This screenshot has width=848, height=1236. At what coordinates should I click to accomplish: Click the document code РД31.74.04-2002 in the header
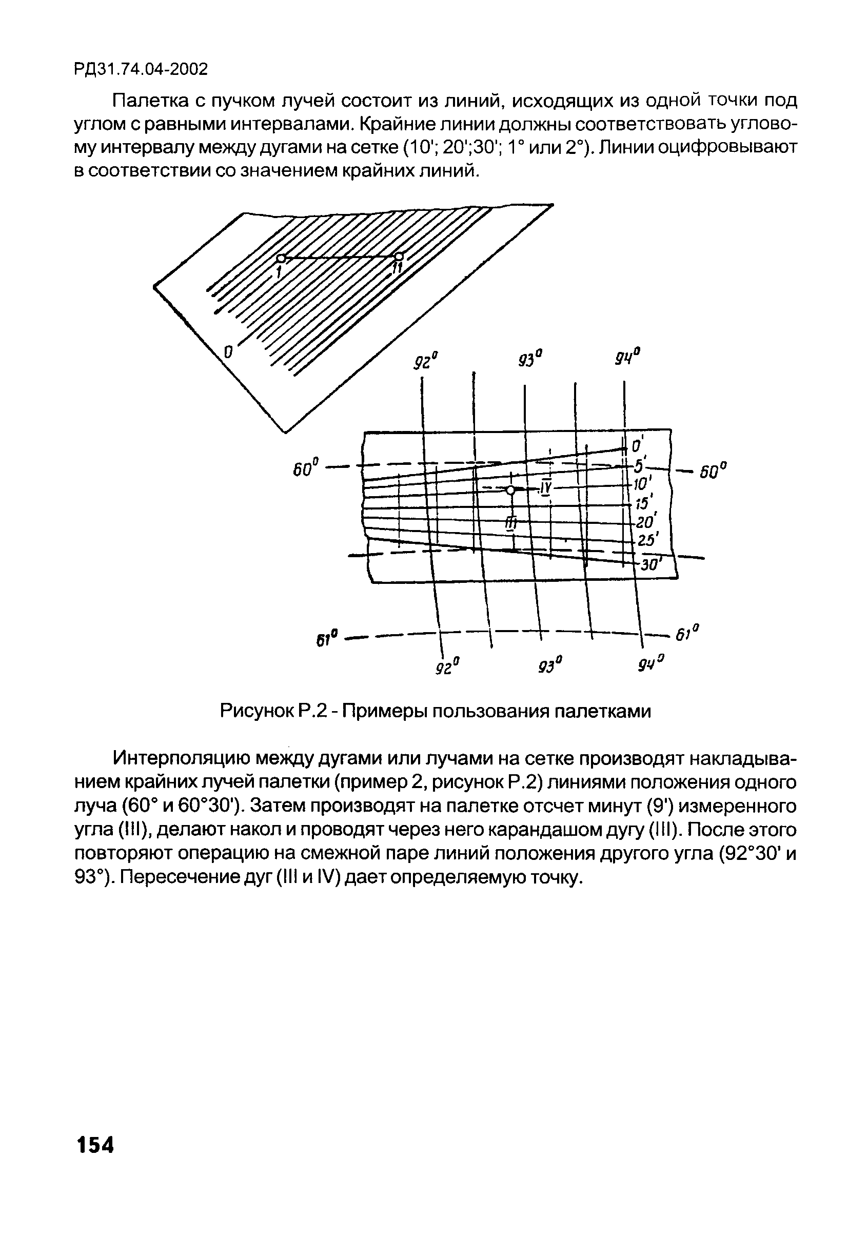[141, 69]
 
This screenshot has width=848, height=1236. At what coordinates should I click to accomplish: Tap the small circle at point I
[281, 259]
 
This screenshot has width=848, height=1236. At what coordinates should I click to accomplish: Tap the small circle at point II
[399, 257]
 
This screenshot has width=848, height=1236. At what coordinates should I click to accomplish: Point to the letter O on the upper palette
[229, 351]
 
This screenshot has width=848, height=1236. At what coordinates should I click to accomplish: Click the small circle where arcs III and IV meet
[510, 490]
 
